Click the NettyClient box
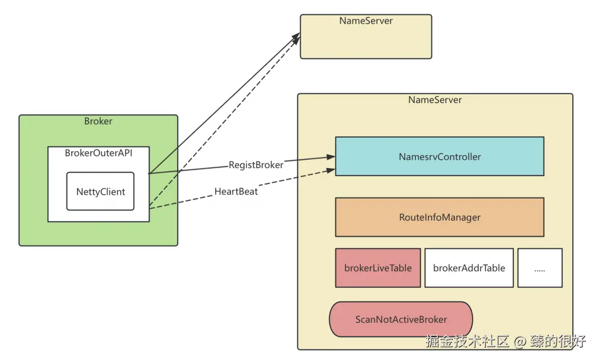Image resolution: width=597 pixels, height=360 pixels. coord(101,191)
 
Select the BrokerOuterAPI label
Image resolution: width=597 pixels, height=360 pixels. coord(98,153)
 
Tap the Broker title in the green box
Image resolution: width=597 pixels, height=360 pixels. coord(98,121)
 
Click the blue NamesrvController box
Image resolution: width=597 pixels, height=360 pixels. coord(439,156)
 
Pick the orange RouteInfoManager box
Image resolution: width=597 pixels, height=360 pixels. coord(439,217)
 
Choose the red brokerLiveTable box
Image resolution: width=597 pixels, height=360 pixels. coord(378,268)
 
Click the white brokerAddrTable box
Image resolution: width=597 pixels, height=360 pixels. coord(469,268)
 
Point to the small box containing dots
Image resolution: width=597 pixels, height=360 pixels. coord(540,268)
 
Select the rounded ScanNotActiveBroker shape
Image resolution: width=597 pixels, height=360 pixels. coord(401,319)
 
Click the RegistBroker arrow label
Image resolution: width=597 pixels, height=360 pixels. coord(256,165)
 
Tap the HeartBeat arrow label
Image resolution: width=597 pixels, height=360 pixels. coord(236,191)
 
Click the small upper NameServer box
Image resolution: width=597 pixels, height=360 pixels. coord(365,37)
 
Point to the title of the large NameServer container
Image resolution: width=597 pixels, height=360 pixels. coord(435,100)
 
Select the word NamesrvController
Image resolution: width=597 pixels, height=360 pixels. coord(440,157)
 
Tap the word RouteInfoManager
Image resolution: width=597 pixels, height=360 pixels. coord(440,217)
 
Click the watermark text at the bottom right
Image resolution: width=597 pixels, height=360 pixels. coord(506,341)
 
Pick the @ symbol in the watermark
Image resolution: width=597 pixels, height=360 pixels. coord(520,341)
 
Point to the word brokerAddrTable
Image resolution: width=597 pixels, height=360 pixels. coord(469,268)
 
